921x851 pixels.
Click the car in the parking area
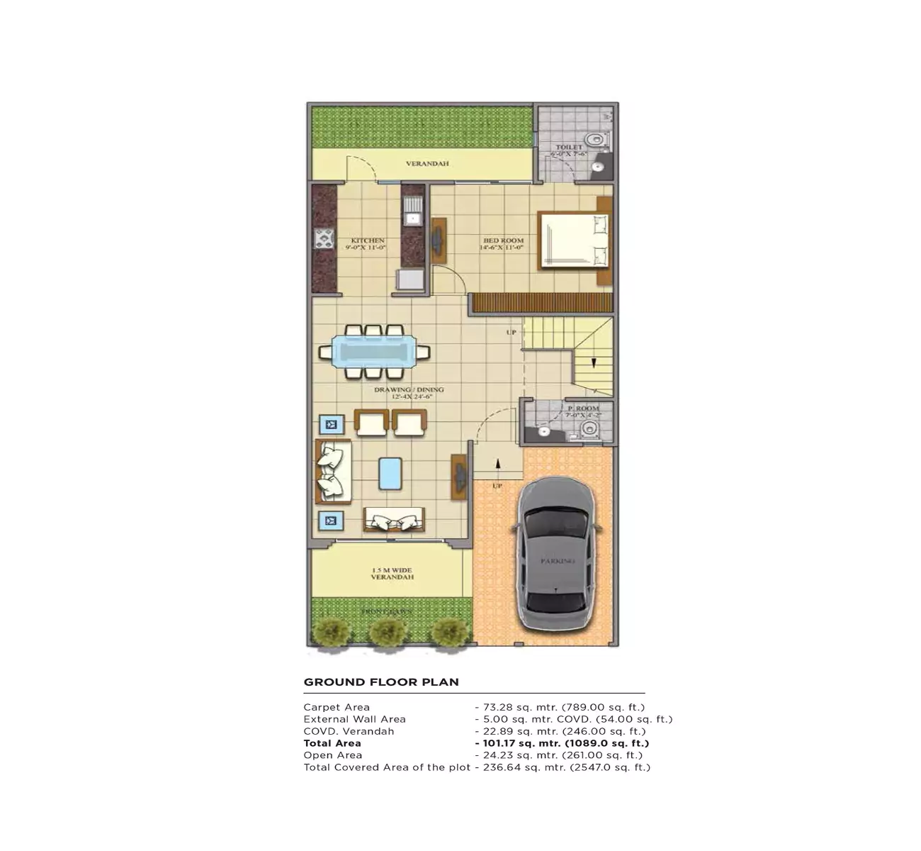[x=558, y=553]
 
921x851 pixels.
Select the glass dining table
[x=373, y=352]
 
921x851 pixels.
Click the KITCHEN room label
[x=368, y=241]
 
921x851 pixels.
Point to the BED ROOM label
[x=502, y=241]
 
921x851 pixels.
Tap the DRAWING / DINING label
[x=409, y=390]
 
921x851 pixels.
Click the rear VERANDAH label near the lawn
[x=427, y=164]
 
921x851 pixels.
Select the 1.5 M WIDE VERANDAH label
[x=392, y=574]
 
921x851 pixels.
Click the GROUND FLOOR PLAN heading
[x=381, y=682]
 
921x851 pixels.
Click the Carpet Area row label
[x=337, y=707]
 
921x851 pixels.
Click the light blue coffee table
[x=390, y=474]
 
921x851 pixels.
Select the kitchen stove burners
[x=324, y=239]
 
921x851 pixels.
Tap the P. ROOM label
[x=583, y=408]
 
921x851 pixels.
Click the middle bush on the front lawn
[x=387, y=631]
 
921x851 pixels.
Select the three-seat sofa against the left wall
[x=332, y=471]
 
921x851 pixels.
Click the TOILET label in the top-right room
[x=569, y=148]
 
